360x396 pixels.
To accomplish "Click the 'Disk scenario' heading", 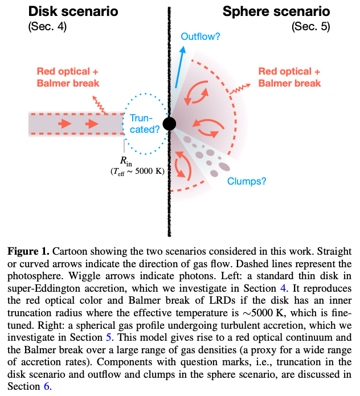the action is coord(73,11).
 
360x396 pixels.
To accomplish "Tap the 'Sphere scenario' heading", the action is coord(276,11).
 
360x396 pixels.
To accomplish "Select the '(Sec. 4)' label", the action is coord(47,27).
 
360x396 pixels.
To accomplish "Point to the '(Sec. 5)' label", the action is coord(311,27).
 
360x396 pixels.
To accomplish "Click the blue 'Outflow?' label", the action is coord(201,36).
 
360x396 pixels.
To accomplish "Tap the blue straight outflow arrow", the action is coord(180,67).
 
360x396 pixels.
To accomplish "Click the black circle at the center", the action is coord(169,124).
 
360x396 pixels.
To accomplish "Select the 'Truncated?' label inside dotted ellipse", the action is coord(145,124).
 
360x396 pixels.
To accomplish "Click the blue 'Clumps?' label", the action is coord(247,181).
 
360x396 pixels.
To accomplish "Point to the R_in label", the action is coord(126,161).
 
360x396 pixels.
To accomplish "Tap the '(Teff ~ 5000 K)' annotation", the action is coord(137,172).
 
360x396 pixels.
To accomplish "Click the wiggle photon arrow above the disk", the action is coord(99,104).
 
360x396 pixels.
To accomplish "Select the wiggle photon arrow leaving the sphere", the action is coord(240,89).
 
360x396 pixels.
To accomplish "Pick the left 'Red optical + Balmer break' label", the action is coord(68,77).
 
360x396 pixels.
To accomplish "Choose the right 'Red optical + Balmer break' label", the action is coord(289,77).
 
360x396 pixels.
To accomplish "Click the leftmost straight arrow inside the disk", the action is coord(65,124).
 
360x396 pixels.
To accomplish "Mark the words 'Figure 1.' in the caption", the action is coord(28,251).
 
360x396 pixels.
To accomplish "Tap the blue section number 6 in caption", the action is coord(47,386).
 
